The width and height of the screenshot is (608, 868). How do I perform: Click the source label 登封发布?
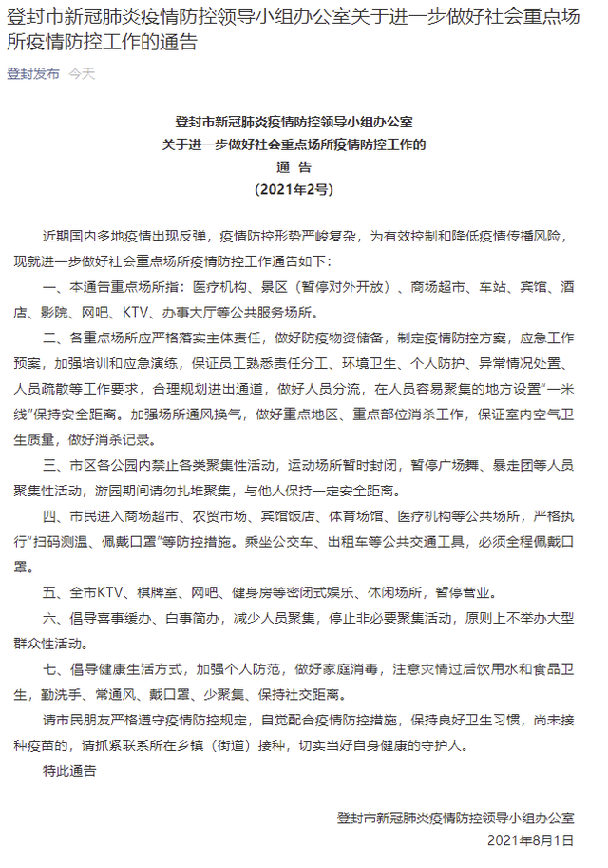click(32, 73)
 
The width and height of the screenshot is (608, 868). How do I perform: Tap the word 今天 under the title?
click(82, 73)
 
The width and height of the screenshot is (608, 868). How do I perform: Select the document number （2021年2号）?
click(294, 189)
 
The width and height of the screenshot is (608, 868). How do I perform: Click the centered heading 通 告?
click(294, 167)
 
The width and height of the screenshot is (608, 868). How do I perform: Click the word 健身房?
click(285, 589)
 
